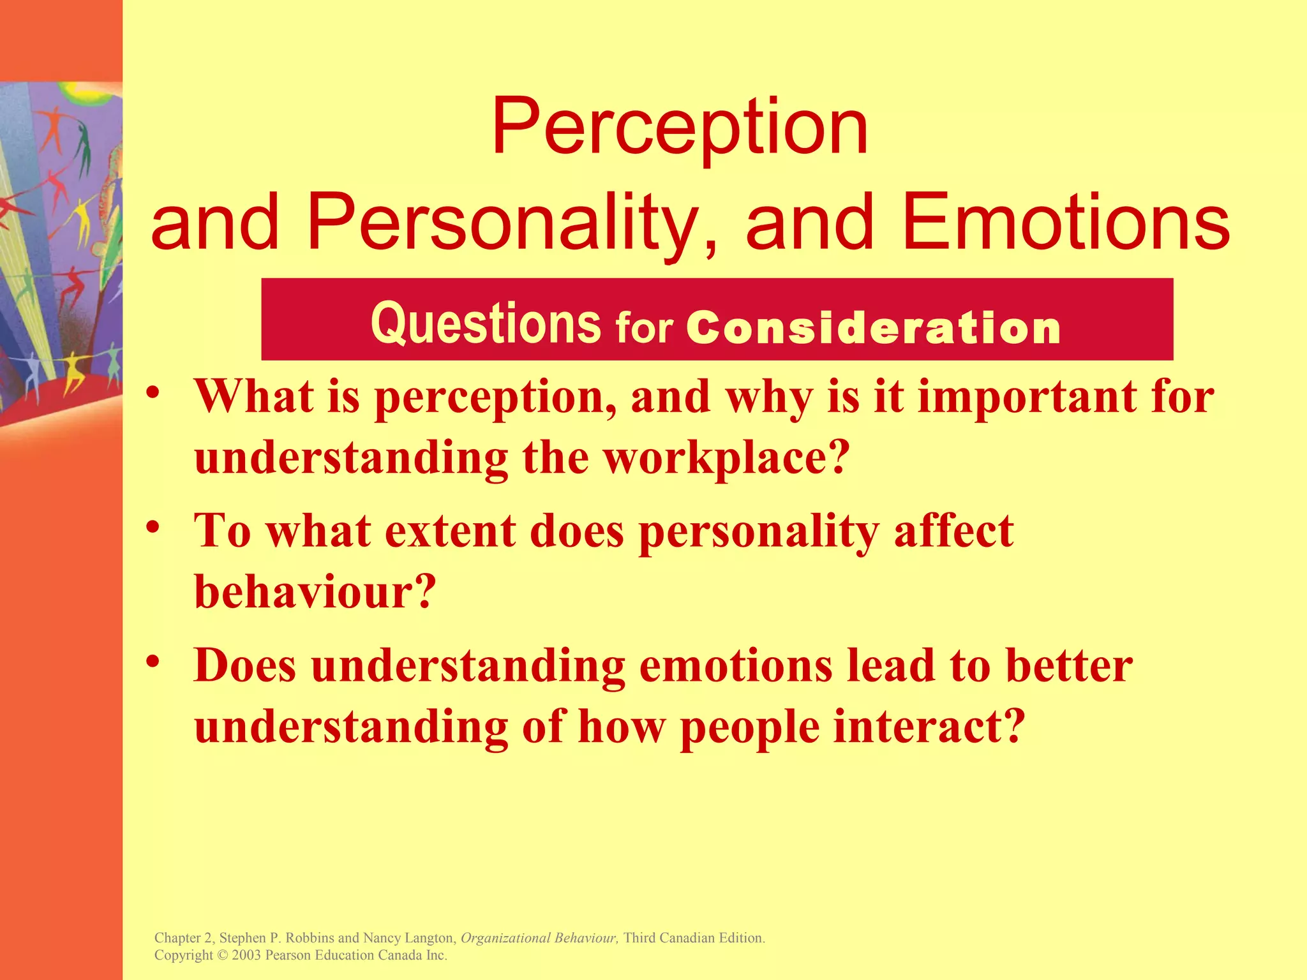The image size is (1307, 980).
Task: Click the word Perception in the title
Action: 679,128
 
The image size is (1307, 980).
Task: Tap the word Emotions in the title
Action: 1066,223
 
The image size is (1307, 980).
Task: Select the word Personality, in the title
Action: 511,223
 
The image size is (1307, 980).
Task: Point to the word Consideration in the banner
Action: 874,328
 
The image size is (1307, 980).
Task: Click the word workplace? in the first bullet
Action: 727,458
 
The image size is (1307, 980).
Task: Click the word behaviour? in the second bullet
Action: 315,592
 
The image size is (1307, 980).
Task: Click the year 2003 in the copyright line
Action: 246,955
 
